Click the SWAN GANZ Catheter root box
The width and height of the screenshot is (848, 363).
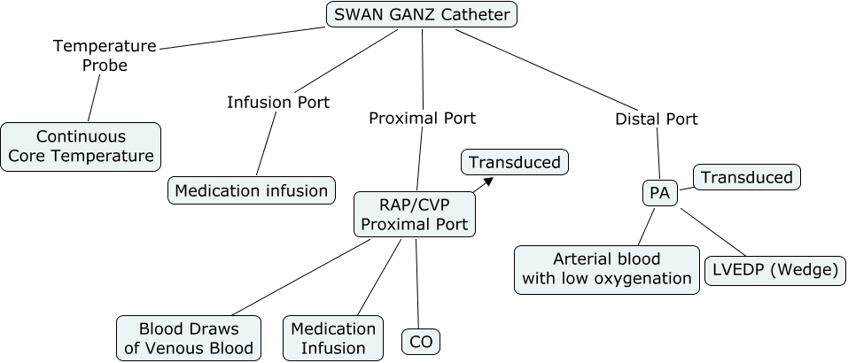[x=421, y=14]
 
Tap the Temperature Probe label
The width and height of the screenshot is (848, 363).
[x=105, y=55]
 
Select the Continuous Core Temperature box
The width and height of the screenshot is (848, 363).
[x=81, y=147]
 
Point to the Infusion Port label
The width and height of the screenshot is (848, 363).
[x=278, y=102]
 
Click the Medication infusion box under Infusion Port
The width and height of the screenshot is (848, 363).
[x=252, y=189]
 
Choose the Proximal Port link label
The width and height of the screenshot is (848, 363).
[x=422, y=118]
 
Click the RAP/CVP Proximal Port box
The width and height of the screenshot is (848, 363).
[x=415, y=214]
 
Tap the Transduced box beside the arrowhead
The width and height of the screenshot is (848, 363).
[x=514, y=162]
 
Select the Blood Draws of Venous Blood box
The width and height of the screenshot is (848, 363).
[x=189, y=338]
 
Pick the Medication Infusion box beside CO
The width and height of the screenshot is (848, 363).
[x=333, y=338]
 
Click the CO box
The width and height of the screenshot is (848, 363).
[x=420, y=341]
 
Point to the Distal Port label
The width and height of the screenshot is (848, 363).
[x=657, y=119]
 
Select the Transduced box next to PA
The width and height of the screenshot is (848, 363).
[x=746, y=177]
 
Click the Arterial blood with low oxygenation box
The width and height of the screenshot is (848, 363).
[x=607, y=269]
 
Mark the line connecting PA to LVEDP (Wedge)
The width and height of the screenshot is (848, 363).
[x=714, y=231]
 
